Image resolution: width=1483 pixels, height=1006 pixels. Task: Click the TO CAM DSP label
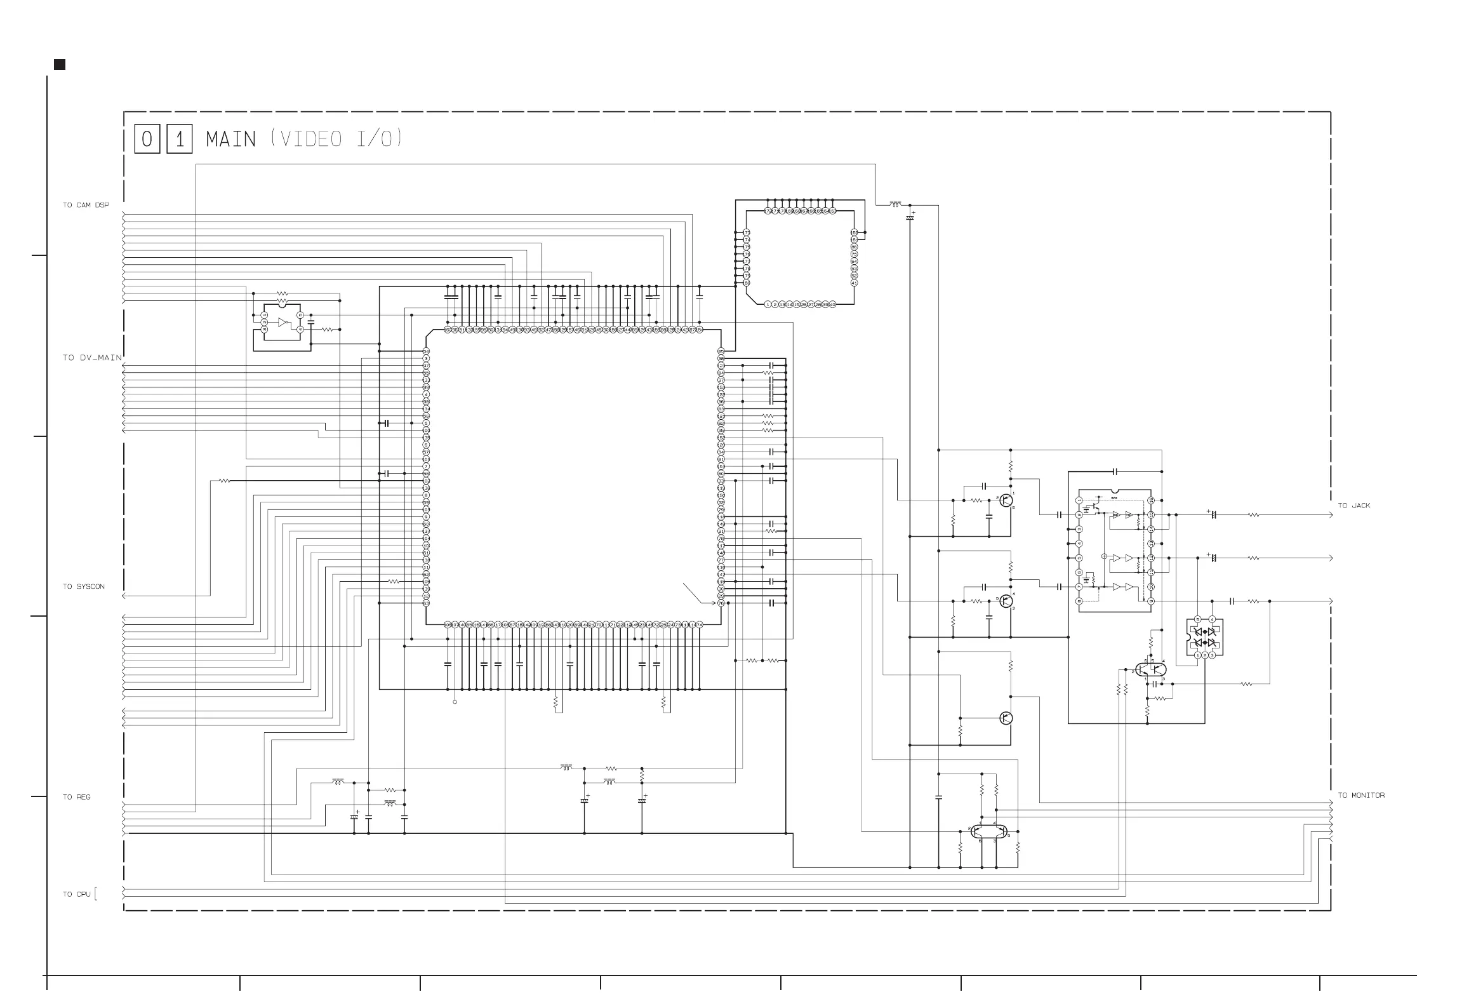86,205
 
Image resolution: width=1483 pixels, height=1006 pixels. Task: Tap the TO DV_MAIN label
91,358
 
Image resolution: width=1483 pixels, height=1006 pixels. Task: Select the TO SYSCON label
83,587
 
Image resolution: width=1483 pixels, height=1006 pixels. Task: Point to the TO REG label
76,797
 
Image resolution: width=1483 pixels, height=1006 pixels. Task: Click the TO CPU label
76,894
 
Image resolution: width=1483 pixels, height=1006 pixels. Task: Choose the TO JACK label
1353,506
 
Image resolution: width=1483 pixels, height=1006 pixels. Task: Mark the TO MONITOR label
1360,795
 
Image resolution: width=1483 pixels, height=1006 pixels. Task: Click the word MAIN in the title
230,139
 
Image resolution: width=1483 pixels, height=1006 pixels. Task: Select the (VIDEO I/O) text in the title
336,138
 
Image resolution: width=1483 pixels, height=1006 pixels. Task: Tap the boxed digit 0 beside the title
147,139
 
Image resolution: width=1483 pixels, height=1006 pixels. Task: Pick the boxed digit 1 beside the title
179,139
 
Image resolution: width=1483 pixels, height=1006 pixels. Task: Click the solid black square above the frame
59,65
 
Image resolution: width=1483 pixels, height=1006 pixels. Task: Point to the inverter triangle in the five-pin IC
283,323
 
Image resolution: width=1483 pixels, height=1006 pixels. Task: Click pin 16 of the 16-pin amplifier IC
1150,500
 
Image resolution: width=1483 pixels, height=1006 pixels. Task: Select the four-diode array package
1204,637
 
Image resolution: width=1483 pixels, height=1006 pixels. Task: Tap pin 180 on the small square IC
747,283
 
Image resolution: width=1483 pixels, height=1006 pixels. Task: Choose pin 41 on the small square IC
854,283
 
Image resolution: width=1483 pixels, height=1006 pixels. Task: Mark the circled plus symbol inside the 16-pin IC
1104,556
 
